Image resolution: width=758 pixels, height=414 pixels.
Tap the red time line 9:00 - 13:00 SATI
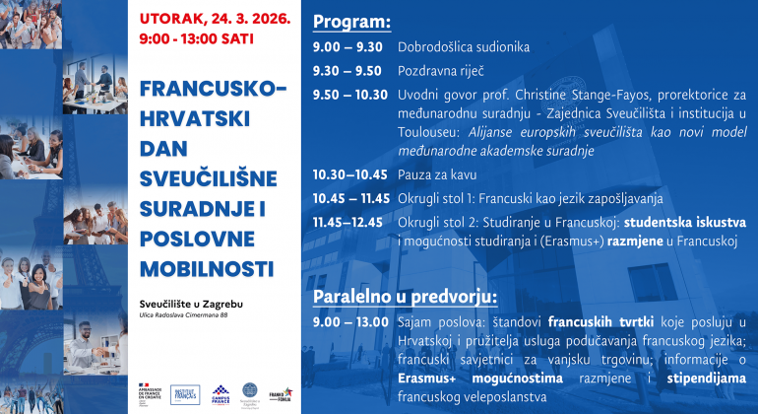(197, 39)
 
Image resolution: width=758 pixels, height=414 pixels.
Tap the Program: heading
(351, 21)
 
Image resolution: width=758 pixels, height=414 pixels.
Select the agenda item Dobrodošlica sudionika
(464, 46)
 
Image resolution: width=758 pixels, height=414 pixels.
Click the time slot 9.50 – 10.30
(350, 95)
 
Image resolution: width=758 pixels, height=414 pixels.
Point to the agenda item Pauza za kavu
(437, 174)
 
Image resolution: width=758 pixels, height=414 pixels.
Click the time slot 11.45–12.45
(348, 222)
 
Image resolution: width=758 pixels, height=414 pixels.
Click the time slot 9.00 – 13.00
(349, 322)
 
